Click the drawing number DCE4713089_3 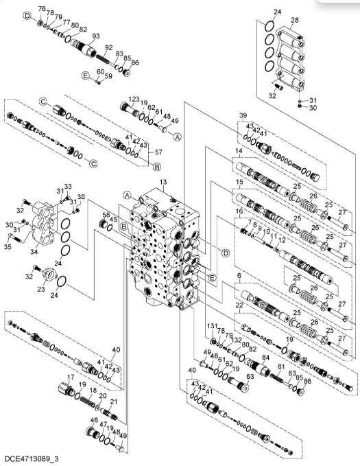pos(32,458)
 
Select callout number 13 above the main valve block pos(163,182)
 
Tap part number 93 pos(95,36)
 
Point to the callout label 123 pos(134,99)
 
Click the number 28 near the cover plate pos(294,20)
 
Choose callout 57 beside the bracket pos(158,152)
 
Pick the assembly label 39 pos(243,115)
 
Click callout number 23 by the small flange pos(40,289)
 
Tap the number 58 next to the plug pos(106,215)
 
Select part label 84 pos(265,357)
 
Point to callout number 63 pos(250,377)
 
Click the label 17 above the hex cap pos(71,377)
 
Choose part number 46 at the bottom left pos(94,420)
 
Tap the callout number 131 pos(212,326)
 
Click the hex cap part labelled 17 pos(66,389)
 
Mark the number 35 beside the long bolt pos(8,246)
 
